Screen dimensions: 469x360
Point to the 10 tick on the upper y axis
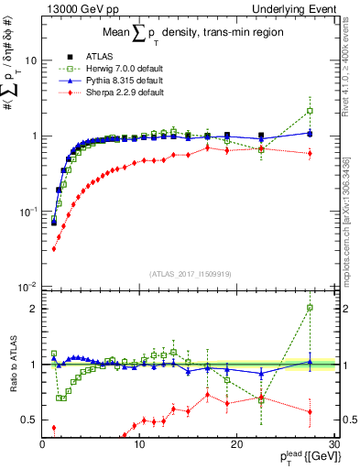(x=29, y=60)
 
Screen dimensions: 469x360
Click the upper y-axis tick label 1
(x=33, y=136)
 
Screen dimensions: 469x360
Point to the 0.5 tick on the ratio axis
(x=29, y=420)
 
